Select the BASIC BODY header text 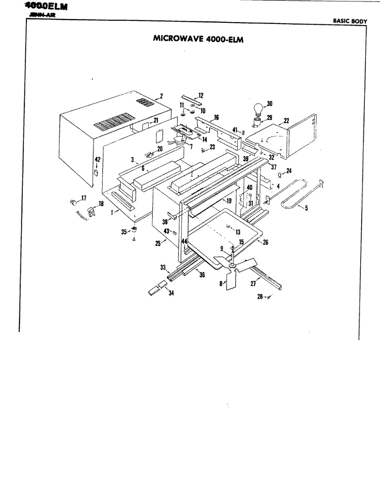(350, 21)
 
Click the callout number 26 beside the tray (265, 242)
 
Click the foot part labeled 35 (134, 230)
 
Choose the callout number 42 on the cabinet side (97, 159)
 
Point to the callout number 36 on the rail (202, 275)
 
